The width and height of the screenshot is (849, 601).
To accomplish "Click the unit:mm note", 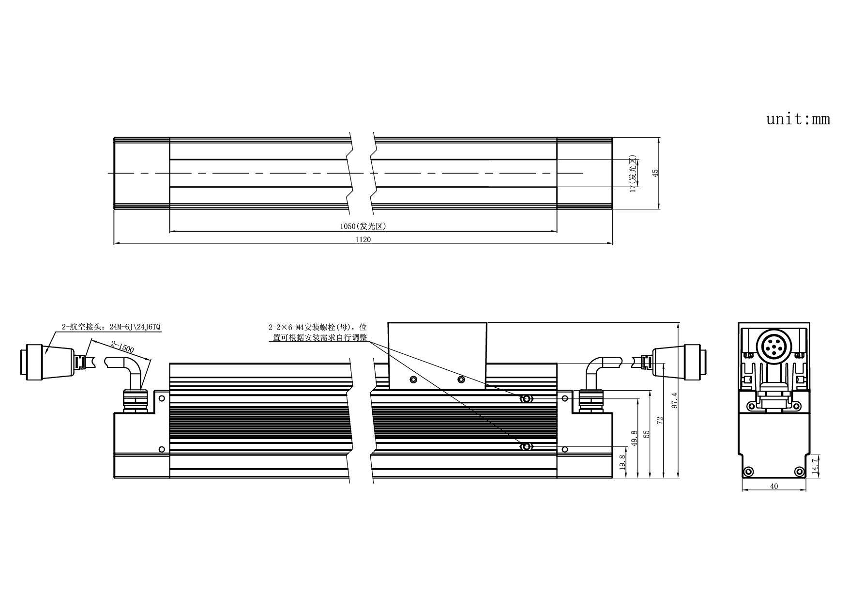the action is point(798,119).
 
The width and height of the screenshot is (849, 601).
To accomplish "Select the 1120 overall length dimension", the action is point(363,239).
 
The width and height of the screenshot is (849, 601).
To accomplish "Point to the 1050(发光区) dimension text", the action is point(363,226).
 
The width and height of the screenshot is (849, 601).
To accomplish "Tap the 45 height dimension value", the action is point(656,173).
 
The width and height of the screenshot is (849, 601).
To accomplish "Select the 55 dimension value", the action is point(647,434).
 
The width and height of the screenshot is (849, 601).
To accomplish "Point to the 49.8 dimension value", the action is point(634,439).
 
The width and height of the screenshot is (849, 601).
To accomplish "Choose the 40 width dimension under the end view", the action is point(774,486).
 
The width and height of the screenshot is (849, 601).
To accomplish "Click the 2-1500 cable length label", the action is point(122,348).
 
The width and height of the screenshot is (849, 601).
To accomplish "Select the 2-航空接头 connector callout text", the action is point(110,327).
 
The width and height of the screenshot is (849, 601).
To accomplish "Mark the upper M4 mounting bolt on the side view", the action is point(526,399).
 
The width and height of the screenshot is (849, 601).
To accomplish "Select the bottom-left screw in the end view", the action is point(748,471).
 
